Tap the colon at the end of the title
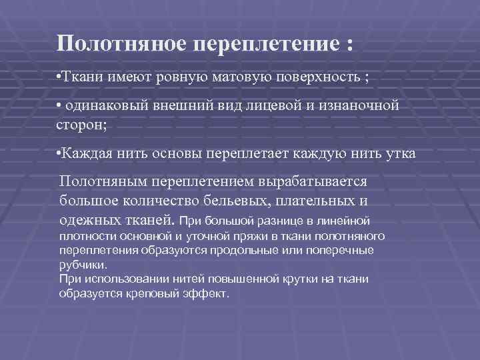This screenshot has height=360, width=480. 350,45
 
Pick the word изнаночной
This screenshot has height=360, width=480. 362,106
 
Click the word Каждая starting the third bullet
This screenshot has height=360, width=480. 83,154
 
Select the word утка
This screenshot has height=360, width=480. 401,154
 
